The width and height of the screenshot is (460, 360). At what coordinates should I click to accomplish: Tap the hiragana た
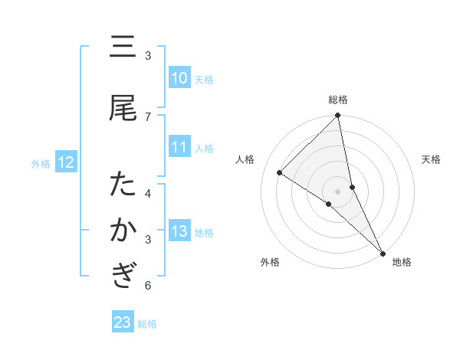[x=123, y=185]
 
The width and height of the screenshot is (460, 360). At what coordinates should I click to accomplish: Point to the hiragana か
[x=123, y=231]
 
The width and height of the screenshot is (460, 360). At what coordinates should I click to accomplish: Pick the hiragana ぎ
[x=123, y=274]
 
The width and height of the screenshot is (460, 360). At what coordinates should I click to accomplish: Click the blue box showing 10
[x=179, y=78]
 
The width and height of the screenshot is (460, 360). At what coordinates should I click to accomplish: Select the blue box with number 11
[x=179, y=147]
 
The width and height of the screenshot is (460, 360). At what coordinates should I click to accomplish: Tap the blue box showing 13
[x=179, y=231]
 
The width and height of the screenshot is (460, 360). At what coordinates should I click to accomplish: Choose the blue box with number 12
[x=65, y=162]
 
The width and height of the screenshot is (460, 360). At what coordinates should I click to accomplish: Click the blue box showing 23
[x=122, y=322]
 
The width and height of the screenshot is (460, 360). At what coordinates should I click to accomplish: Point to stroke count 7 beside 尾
[x=148, y=116]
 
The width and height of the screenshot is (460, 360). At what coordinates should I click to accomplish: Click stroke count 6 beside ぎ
[x=148, y=286]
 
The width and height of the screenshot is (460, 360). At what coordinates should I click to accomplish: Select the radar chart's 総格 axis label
[x=338, y=100]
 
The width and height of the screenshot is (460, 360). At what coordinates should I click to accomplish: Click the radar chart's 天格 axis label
[x=432, y=159]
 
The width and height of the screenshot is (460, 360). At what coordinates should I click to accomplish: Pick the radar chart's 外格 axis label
[x=270, y=262]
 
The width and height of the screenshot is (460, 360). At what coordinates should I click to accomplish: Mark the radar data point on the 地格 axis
[x=382, y=252]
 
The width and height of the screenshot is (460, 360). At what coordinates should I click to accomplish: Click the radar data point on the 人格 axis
[x=280, y=173]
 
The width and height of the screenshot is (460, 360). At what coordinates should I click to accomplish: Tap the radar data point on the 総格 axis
[x=338, y=116]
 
